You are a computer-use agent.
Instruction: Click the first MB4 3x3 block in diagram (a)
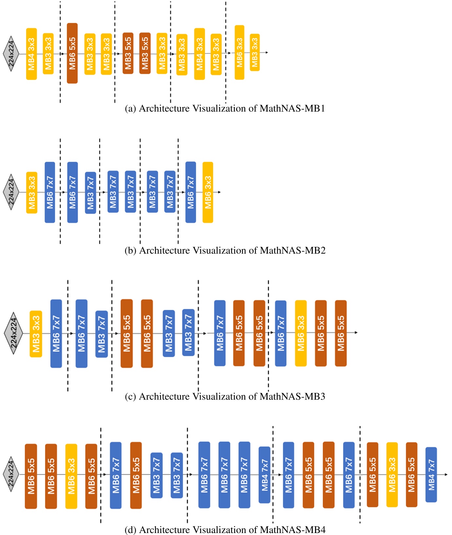tap(31, 54)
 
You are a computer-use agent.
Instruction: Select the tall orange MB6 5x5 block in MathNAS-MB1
tap(72, 53)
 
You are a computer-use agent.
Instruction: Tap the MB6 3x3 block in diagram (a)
tap(239, 52)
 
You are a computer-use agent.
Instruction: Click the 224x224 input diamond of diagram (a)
tap(11, 54)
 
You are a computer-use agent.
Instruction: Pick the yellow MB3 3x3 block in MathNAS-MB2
tap(32, 193)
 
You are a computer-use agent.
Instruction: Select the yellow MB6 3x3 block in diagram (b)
tap(208, 192)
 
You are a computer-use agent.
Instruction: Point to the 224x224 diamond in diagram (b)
tap(11, 192)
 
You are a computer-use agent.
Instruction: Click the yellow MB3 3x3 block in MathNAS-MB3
tap(36, 334)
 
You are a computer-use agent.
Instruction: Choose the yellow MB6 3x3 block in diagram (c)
tap(301, 333)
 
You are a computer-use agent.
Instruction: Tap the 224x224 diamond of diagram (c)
tap(13, 333)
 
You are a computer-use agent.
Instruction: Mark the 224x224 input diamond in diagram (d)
tap(11, 474)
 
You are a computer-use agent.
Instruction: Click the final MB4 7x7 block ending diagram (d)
tap(431, 474)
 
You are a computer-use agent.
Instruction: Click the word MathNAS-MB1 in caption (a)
tap(292, 108)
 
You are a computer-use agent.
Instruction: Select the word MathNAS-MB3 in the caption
tap(292, 397)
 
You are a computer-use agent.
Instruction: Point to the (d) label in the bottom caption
tap(130, 530)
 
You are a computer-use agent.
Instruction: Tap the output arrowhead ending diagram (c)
tap(356, 333)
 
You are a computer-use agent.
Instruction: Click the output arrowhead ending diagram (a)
tap(267, 52)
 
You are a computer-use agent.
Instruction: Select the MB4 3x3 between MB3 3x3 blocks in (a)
tap(199, 54)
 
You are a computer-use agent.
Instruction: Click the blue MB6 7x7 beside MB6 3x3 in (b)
tap(191, 192)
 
